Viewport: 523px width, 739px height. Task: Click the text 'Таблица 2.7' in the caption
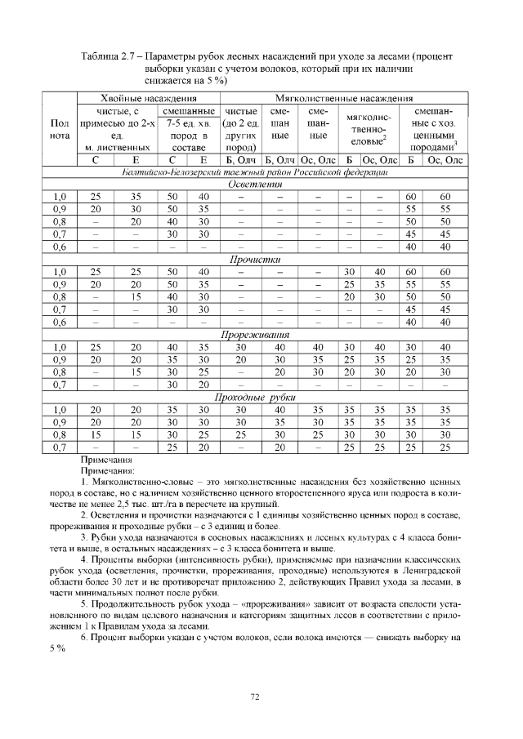coord(109,56)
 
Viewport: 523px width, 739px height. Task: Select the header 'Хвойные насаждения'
coord(147,98)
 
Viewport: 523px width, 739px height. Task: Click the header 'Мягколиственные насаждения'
coord(342,98)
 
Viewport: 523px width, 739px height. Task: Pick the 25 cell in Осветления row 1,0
coord(96,197)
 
